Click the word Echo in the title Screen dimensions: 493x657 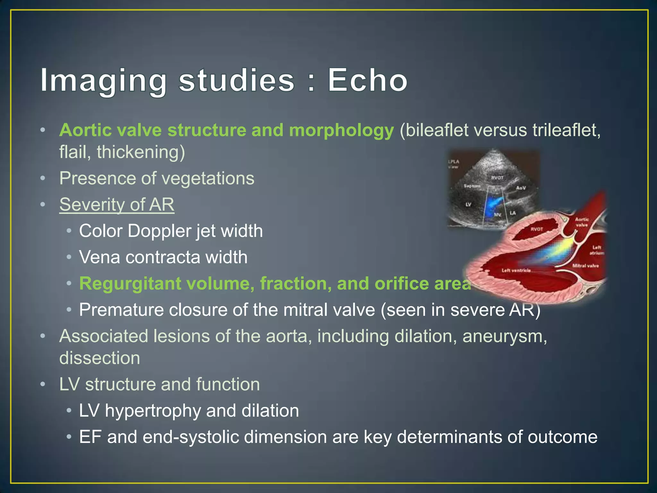tap(367, 80)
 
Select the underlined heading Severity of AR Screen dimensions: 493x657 tap(117, 204)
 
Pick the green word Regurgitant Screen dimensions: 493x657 tap(130, 283)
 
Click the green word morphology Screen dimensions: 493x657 tap(341, 130)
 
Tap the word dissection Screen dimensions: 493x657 tap(99, 358)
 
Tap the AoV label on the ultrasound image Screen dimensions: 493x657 tap(521, 188)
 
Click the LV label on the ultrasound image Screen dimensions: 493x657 tap(468, 204)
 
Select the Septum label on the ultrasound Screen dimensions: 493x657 tap(472, 186)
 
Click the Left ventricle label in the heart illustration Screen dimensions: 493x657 tap(516, 271)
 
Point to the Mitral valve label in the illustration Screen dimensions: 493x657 tap(585, 266)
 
